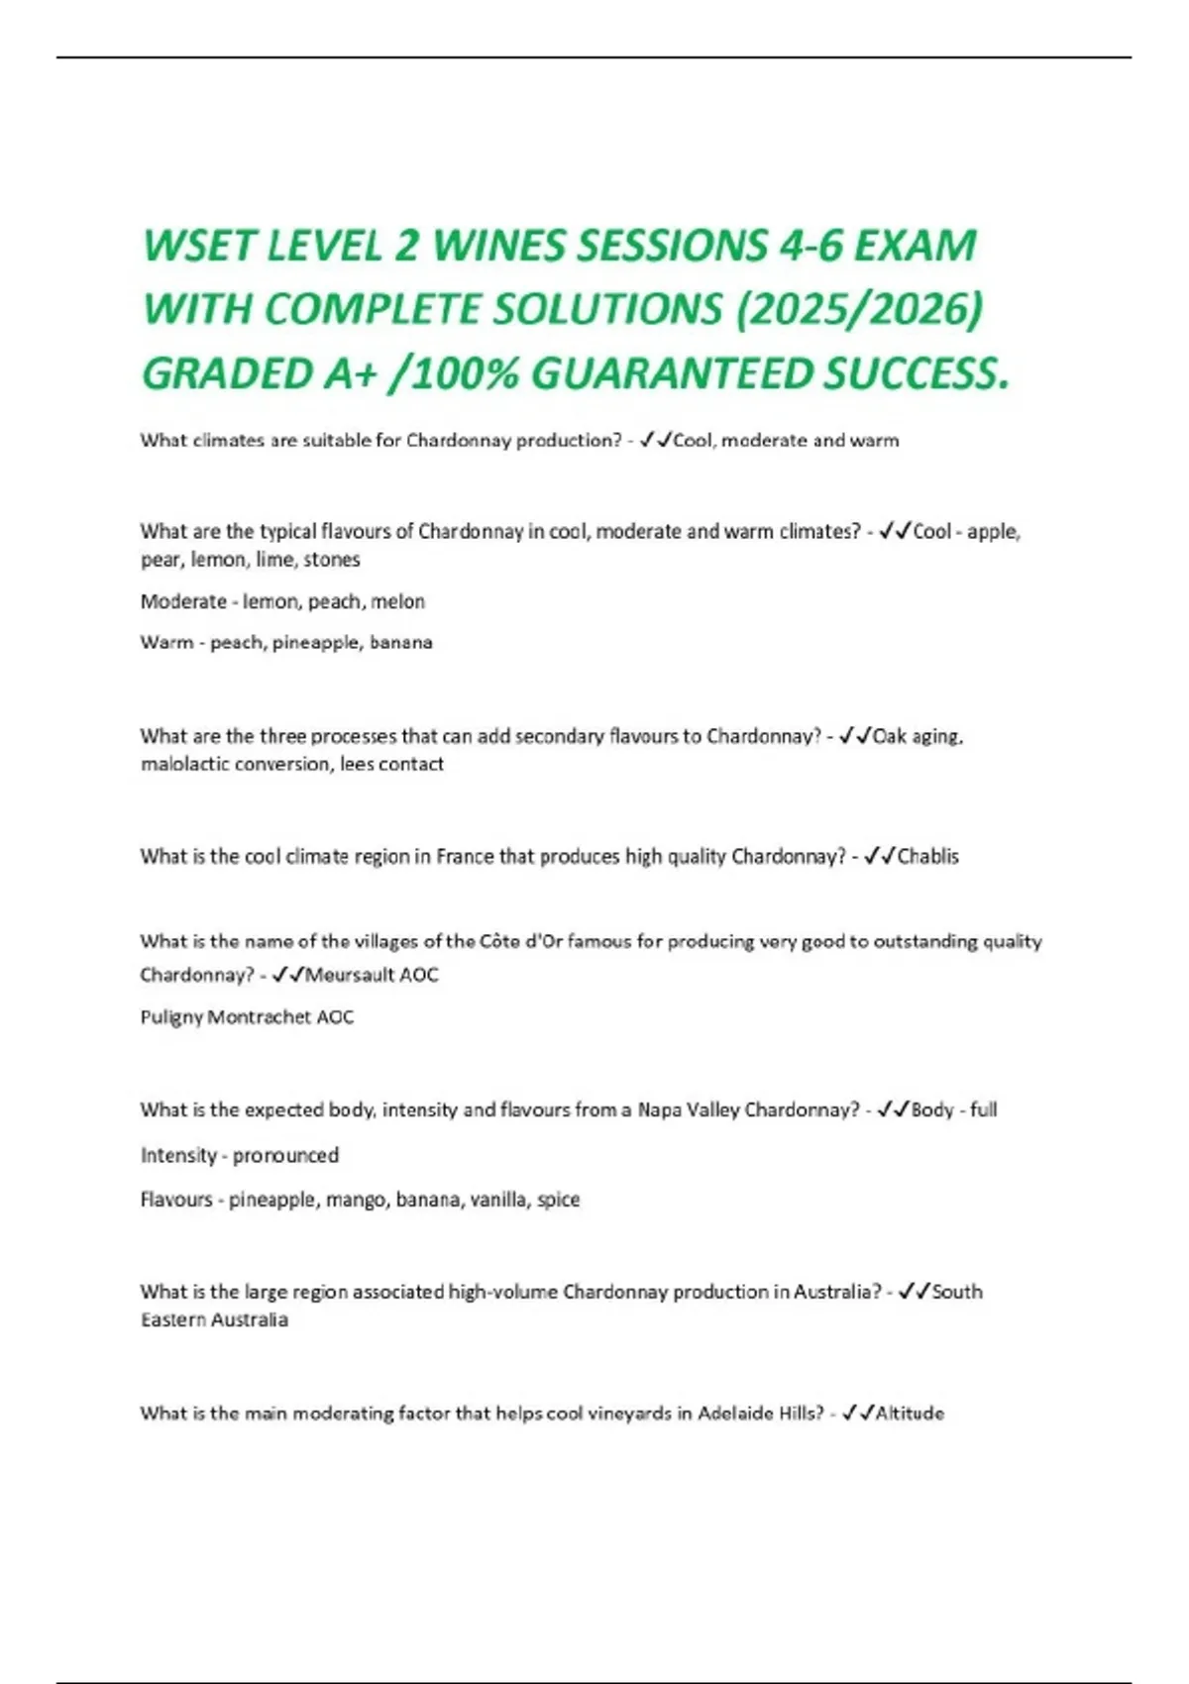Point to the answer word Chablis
(x=927, y=856)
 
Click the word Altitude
(x=910, y=1414)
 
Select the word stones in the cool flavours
(x=332, y=560)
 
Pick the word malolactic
(x=184, y=764)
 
